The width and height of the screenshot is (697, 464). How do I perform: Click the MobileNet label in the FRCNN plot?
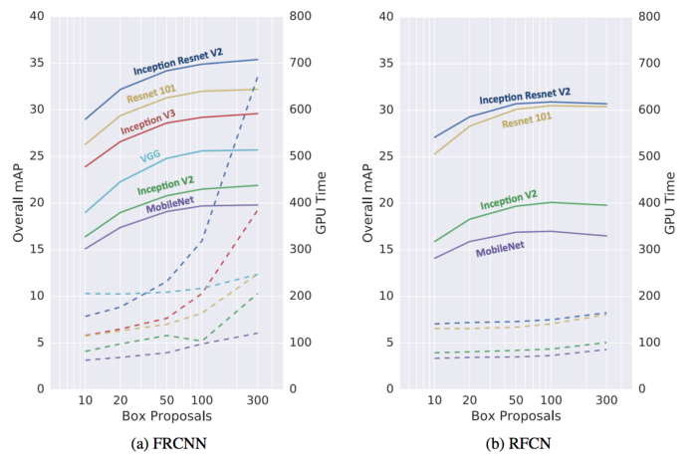pos(170,207)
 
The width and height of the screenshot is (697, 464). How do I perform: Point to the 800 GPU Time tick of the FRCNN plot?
pos(298,17)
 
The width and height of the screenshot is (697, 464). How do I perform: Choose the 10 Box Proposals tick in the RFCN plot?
pos(434,399)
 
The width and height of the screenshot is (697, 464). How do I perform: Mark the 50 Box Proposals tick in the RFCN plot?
pos(516,399)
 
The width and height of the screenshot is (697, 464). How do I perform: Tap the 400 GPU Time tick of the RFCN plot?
pos(646,203)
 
